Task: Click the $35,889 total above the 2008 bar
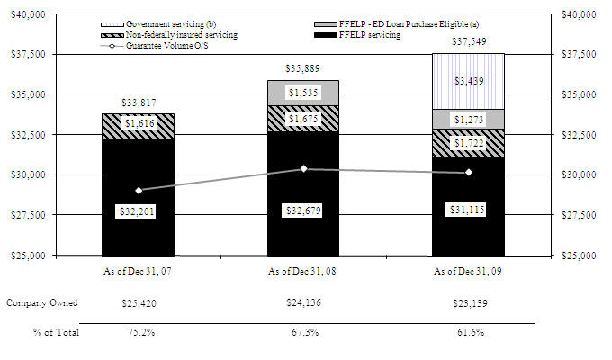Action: click(303, 68)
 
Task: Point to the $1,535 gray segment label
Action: click(303, 93)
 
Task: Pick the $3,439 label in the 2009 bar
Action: click(468, 81)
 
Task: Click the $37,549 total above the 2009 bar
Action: click(468, 41)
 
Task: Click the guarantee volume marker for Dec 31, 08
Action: click(303, 168)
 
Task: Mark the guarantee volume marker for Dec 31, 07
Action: click(138, 190)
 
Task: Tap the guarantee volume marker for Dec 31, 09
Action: click(468, 173)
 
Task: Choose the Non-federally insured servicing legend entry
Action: click(175, 35)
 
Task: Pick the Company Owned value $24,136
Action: click(303, 303)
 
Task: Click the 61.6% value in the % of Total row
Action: click(468, 333)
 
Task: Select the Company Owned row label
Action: click(42, 303)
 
